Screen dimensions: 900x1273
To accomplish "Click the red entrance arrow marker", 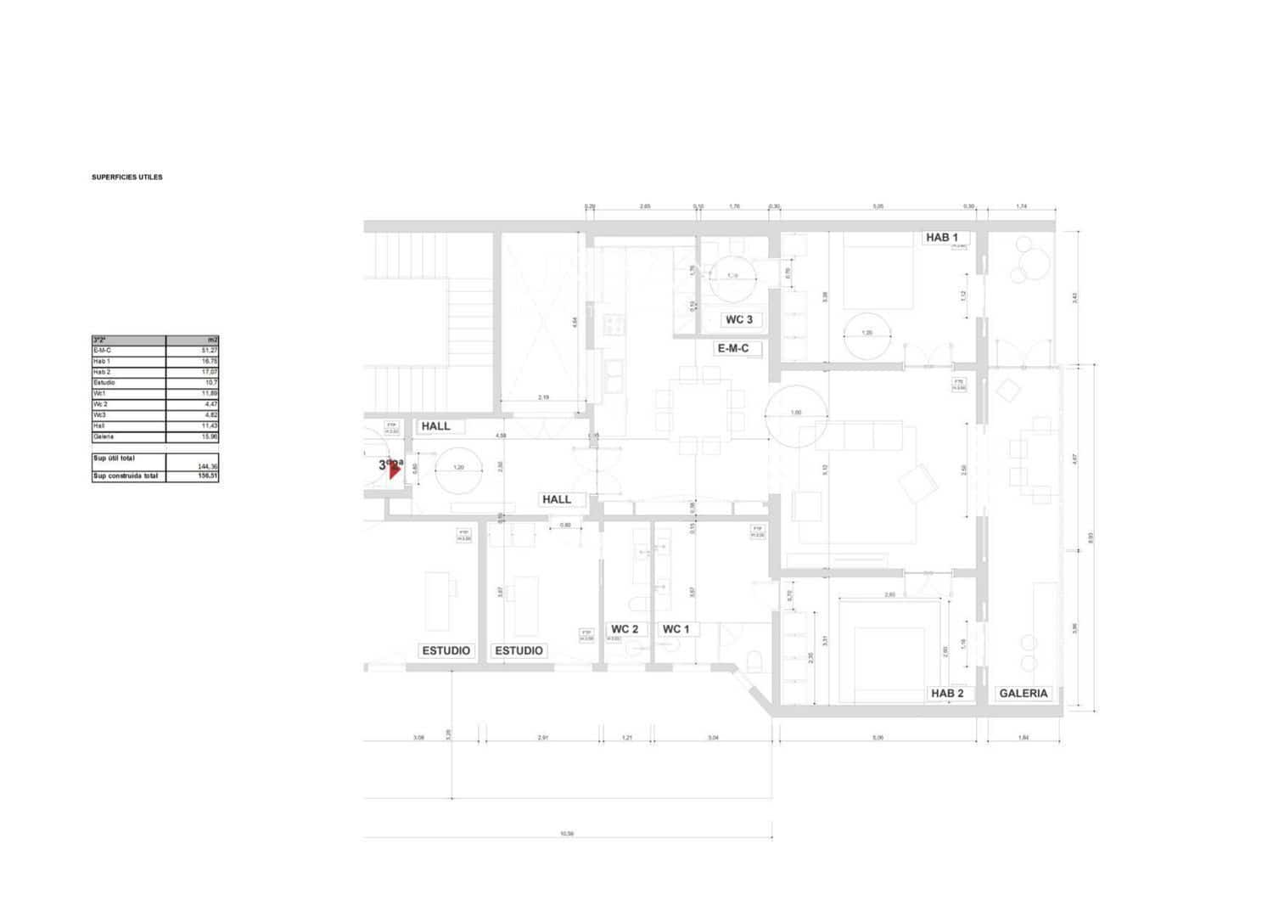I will coord(394,470).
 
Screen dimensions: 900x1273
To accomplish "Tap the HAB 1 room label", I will coord(941,237).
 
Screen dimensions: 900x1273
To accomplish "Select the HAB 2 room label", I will coord(947,694).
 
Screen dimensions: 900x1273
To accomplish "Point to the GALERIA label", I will coord(1023,694).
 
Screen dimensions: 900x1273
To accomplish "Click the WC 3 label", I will coord(738,320).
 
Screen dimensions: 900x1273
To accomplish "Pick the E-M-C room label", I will coord(733,348).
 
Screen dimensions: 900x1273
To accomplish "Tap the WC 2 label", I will coord(625,629).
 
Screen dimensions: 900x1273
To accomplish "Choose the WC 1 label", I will coord(676,629).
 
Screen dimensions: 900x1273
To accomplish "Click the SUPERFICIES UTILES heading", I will coord(127,177).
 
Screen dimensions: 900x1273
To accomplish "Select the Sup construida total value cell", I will coord(193,476).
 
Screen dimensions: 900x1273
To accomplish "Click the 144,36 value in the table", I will coord(207,466).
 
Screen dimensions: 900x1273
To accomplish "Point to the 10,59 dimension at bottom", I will coord(567,834).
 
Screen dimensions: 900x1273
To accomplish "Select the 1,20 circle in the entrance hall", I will coord(458,468).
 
